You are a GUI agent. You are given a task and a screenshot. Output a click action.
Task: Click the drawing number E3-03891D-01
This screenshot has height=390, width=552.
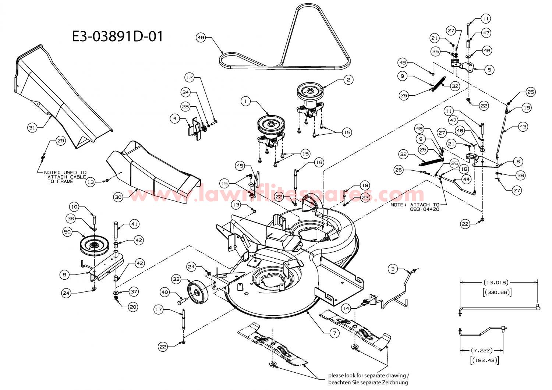pyautogui.click(x=117, y=36)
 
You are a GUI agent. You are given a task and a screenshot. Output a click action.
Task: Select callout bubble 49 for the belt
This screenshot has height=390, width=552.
pyautogui.click(x=201, y=38)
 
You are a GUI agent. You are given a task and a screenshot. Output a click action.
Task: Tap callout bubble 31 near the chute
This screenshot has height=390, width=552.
pyautogui.click(x=32, y=128)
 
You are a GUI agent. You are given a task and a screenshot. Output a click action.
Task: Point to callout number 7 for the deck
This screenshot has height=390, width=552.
pyautogui.click(x=335, y=333)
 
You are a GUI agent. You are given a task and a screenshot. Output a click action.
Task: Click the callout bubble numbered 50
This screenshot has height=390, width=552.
pyautogui.click(x=67, y=232)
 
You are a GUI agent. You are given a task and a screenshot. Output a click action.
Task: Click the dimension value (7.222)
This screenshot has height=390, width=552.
pyautogui.click(x=481, y=350)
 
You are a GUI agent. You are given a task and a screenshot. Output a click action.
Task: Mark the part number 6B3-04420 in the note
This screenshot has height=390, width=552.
pyautogui.click(x=424, y=209)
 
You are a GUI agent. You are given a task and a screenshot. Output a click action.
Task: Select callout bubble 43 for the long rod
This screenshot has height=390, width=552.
pyautogui.click(x=523, y=127)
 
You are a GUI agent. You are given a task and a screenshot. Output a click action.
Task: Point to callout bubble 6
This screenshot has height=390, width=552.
pyautogui.click(x=518, y=162)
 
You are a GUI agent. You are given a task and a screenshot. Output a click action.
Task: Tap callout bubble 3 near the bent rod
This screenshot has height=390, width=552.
pyautogui.click(x=393, y=269)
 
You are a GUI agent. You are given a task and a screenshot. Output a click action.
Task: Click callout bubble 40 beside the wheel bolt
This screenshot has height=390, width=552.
pyautogui.click(x=164, y=292)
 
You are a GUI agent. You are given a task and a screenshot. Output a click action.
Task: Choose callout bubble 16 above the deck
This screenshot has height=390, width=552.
pyautogui.click(x=319, y=162)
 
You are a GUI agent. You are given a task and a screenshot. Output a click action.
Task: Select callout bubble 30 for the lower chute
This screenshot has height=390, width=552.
pyautogui.click(x=118, y=197)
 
